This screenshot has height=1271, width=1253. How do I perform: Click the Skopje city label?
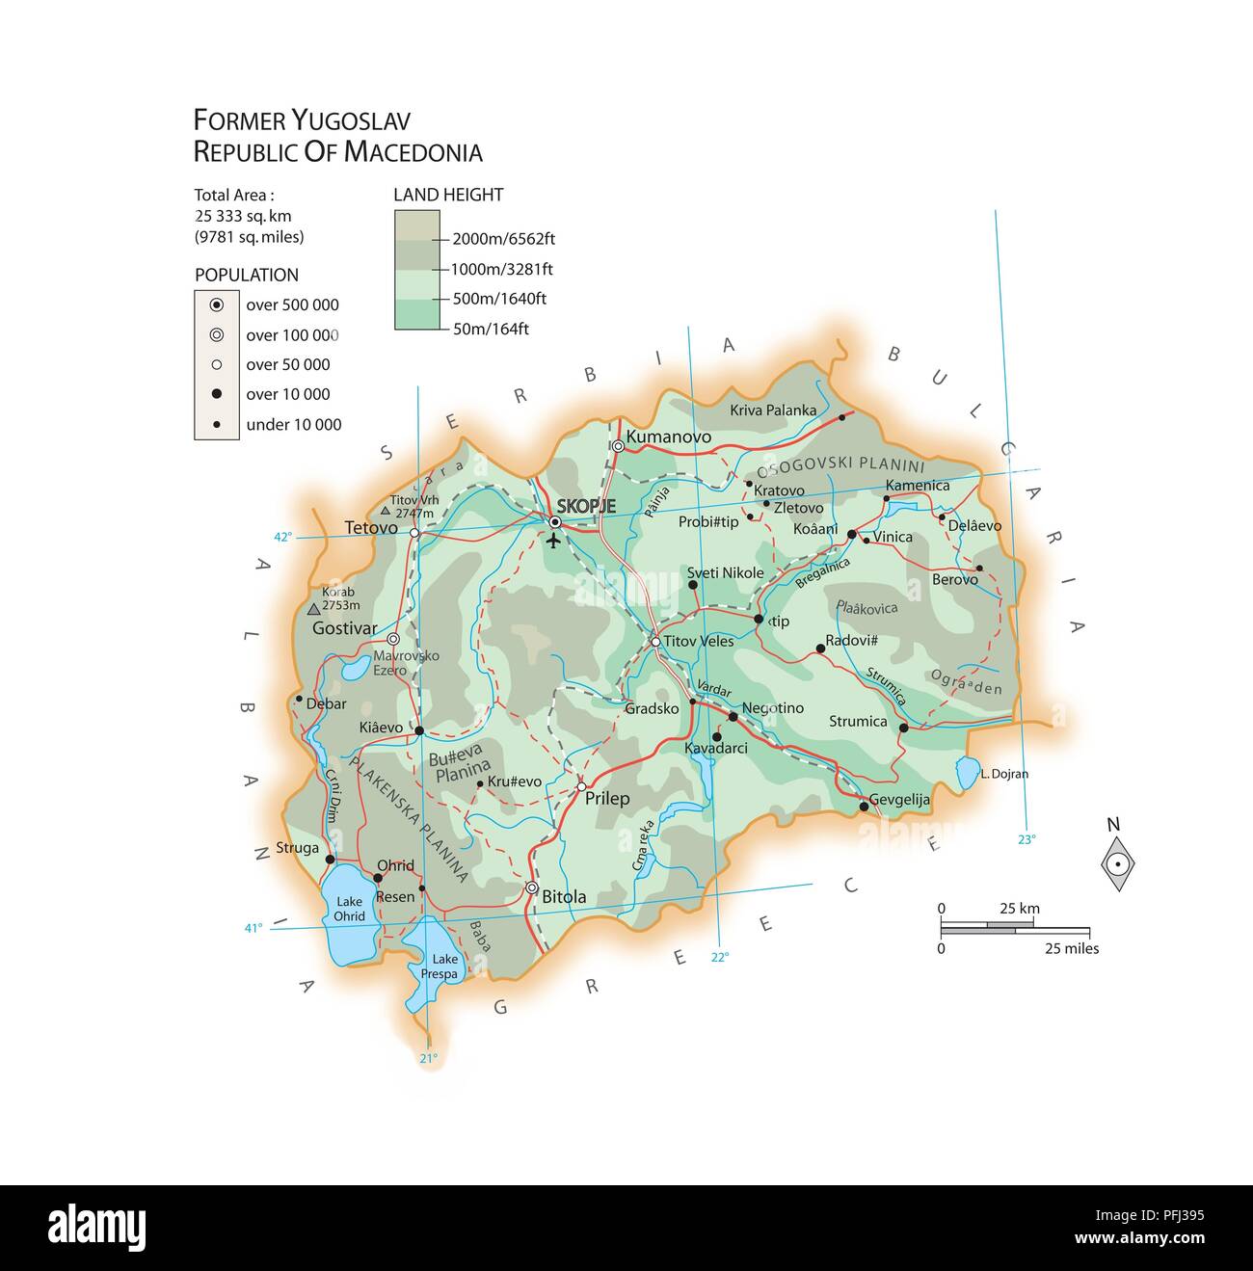[x=586, y=506]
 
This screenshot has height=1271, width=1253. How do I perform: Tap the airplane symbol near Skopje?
[x=553, y=540]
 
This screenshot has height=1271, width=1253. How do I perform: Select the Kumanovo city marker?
[x=618, y=445]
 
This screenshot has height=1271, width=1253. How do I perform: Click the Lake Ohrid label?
[x=350, y=909]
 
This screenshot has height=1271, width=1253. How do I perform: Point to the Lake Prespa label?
[x=445, y=966]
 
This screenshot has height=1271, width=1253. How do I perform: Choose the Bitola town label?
[x=564, y=896]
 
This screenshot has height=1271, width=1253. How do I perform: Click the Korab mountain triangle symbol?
[x=313, y=609]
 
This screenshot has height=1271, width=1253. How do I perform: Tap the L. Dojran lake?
[x=966, y=772]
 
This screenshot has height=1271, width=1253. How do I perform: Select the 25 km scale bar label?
[x=1019, y=908]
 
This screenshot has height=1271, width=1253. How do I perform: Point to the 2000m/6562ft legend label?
[x=503, y=239]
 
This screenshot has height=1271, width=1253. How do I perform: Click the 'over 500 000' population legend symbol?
[x=217, y=305]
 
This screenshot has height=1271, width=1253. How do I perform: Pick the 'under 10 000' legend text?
[x=294, y=424]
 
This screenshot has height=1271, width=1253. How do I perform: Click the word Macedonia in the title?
[x=413, y=152]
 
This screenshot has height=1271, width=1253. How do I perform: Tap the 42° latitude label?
[x=282, y=538]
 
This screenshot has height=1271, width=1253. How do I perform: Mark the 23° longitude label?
[x=1026, y=838]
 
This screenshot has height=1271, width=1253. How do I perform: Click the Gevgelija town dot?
[x=864, y=807]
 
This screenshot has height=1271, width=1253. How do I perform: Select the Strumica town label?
[x=858, y=721]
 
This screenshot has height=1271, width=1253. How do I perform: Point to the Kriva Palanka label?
[x=773, y=410]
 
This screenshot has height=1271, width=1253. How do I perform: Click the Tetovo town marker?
[x=413, y=532]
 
